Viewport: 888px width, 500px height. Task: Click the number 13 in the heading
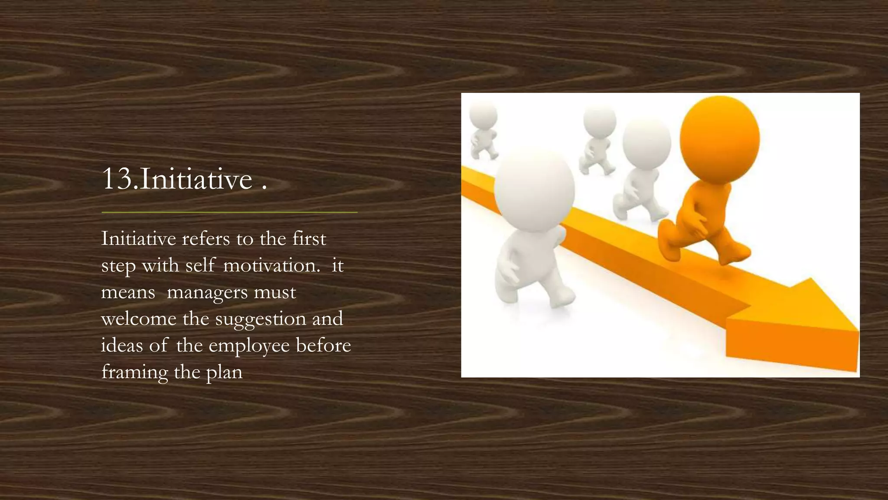coord(117,179)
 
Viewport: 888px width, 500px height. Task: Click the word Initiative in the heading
coord(196,179)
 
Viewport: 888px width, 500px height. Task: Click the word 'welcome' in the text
coord(139,319)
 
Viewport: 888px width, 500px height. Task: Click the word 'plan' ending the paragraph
coord(224,372)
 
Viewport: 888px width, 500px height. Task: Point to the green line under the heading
coord(229,212)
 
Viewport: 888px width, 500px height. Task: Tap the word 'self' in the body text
coord(200,265)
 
